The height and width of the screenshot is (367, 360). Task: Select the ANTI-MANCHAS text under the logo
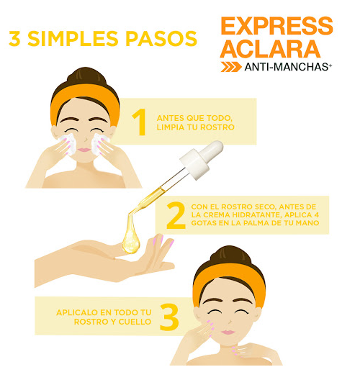click(288, 68)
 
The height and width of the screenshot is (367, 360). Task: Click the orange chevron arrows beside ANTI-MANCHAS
click(231, 68)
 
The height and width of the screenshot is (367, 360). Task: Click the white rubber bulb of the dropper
click(210, 152)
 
